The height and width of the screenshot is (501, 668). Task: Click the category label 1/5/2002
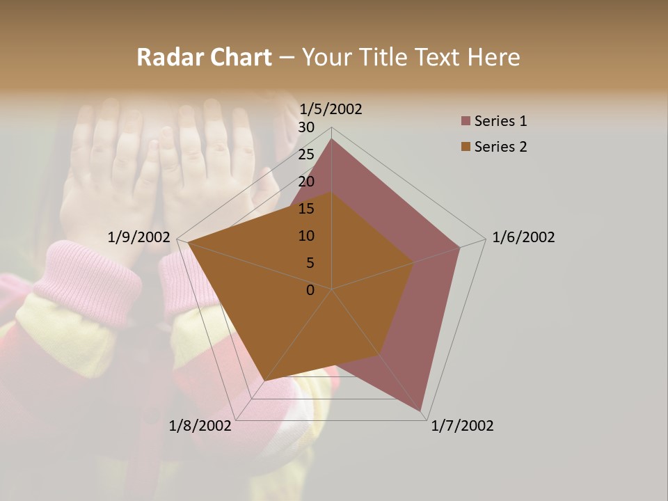pyautogui.click(x=331, y=109)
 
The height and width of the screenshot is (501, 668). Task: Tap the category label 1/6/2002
pyautogui.click(x=523, y=237)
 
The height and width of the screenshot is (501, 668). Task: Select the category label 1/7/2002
pyautogui.click(x=462, y=426)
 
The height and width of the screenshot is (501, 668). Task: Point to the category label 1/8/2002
pyautogui.click(x=200, y=426)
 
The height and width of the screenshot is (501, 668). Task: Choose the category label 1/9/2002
pyautogui.click(x=139, y=237)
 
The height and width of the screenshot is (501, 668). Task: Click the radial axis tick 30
pyautogui.click(x=306, y=127)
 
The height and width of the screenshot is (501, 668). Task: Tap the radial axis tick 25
pyautogui.click(x=306, y=154)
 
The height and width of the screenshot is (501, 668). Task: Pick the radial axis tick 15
pyautogui.click(x=306, y=209)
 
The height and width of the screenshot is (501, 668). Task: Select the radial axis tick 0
pyautogui.click(x=310, y=290)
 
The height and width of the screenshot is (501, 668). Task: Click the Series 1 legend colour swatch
pyautogui.click(x=466, y=122)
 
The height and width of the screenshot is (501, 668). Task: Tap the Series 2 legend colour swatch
pyautogui.click(x=466, y=147)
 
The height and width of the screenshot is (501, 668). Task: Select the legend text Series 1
pyautogui.click(x=500, y=121)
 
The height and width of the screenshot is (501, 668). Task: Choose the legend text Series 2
pyautogui.click(x=500, y=147)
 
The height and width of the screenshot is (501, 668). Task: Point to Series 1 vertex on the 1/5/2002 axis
pyautogui.click(x=331, y=138)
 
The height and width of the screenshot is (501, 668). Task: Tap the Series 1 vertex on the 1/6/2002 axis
pyautogui.click(x=460, y=247)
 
